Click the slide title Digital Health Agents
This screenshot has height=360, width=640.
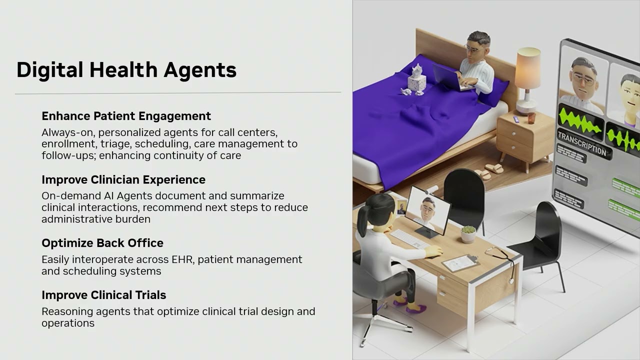126,70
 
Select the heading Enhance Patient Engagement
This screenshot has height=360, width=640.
126,116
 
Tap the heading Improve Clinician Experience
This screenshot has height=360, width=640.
123,179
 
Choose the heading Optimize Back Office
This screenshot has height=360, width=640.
102,243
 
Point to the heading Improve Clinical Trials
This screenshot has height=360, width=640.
104,295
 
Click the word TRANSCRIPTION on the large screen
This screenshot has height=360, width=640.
582,144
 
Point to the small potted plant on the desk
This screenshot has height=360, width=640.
468,234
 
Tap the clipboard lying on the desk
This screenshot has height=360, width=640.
460,263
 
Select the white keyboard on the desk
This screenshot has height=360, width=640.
409,239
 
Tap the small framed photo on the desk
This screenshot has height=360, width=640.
401,207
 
